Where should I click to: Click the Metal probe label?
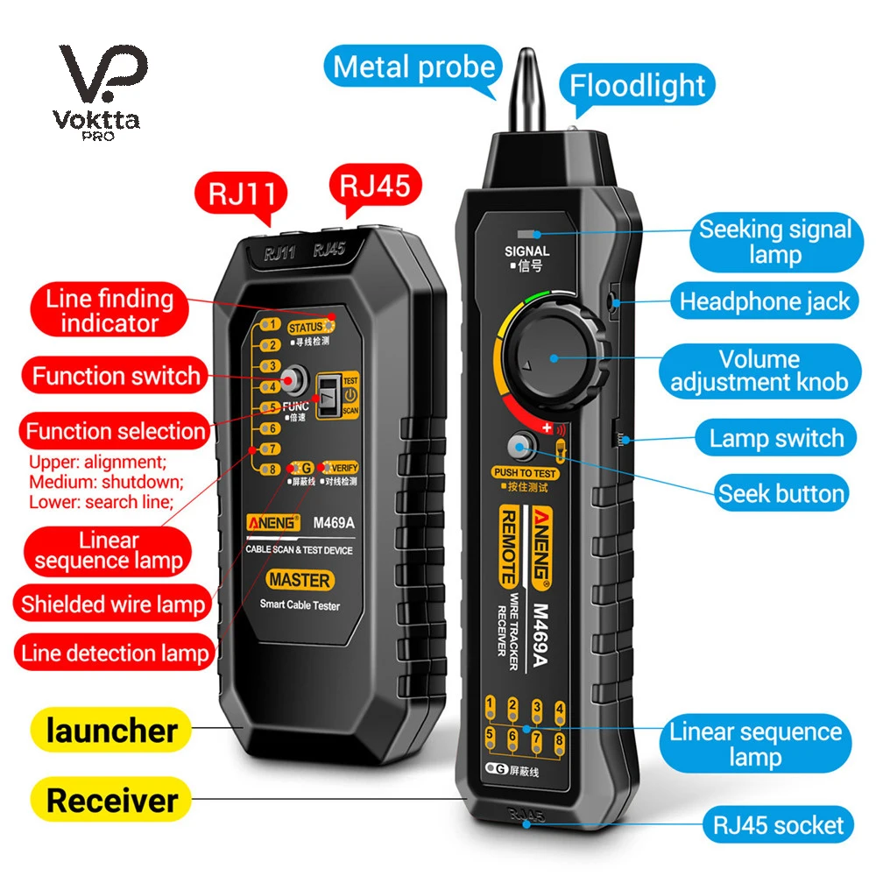point(414,67)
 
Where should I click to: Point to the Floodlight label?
point(638,86)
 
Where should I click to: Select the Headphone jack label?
point(764,302)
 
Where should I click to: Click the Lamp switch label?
point(776,438)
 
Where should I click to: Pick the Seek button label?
point(781,493)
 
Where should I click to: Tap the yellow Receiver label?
point(111,800)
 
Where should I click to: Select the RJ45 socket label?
point(778,824)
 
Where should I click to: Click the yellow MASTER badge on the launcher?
point(300,580)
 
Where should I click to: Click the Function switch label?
point(116,377)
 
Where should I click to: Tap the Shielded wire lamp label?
point(113,604)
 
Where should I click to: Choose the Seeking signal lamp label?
point(774,242)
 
